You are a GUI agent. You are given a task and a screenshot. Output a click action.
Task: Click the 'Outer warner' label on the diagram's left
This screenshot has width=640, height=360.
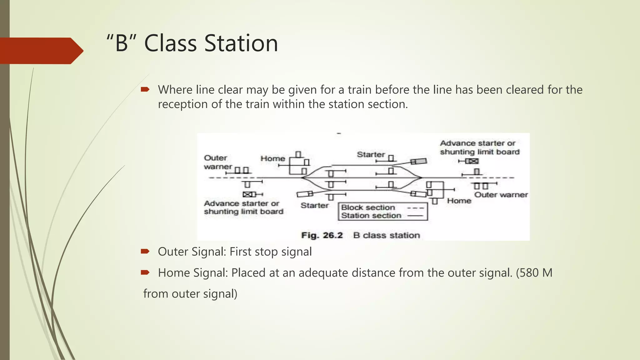click(218, 162)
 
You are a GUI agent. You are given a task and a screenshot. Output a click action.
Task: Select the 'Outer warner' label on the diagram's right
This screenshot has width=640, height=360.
click(501, 195)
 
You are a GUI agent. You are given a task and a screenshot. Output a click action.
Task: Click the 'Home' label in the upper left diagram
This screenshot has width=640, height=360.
click(273, 158)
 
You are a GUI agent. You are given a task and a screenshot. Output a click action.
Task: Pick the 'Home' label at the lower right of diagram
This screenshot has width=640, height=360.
click(459, 201)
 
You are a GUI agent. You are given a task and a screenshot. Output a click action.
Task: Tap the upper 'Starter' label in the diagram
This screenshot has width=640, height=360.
click(371, 154)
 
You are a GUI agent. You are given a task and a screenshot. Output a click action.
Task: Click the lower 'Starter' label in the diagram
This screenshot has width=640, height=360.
click(315, 205)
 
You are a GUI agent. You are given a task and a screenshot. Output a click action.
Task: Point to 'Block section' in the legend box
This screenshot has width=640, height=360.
click(368, 207)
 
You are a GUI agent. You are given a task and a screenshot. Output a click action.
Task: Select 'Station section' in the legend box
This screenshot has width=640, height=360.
click(371, 216)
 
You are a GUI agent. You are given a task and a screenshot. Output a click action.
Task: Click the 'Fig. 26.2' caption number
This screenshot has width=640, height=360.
click(322, 235)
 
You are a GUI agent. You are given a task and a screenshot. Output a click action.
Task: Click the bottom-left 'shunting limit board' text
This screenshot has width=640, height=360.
click(244, 212)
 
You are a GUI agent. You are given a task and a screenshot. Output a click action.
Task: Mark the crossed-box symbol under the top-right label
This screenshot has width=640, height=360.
click(472, 161)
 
